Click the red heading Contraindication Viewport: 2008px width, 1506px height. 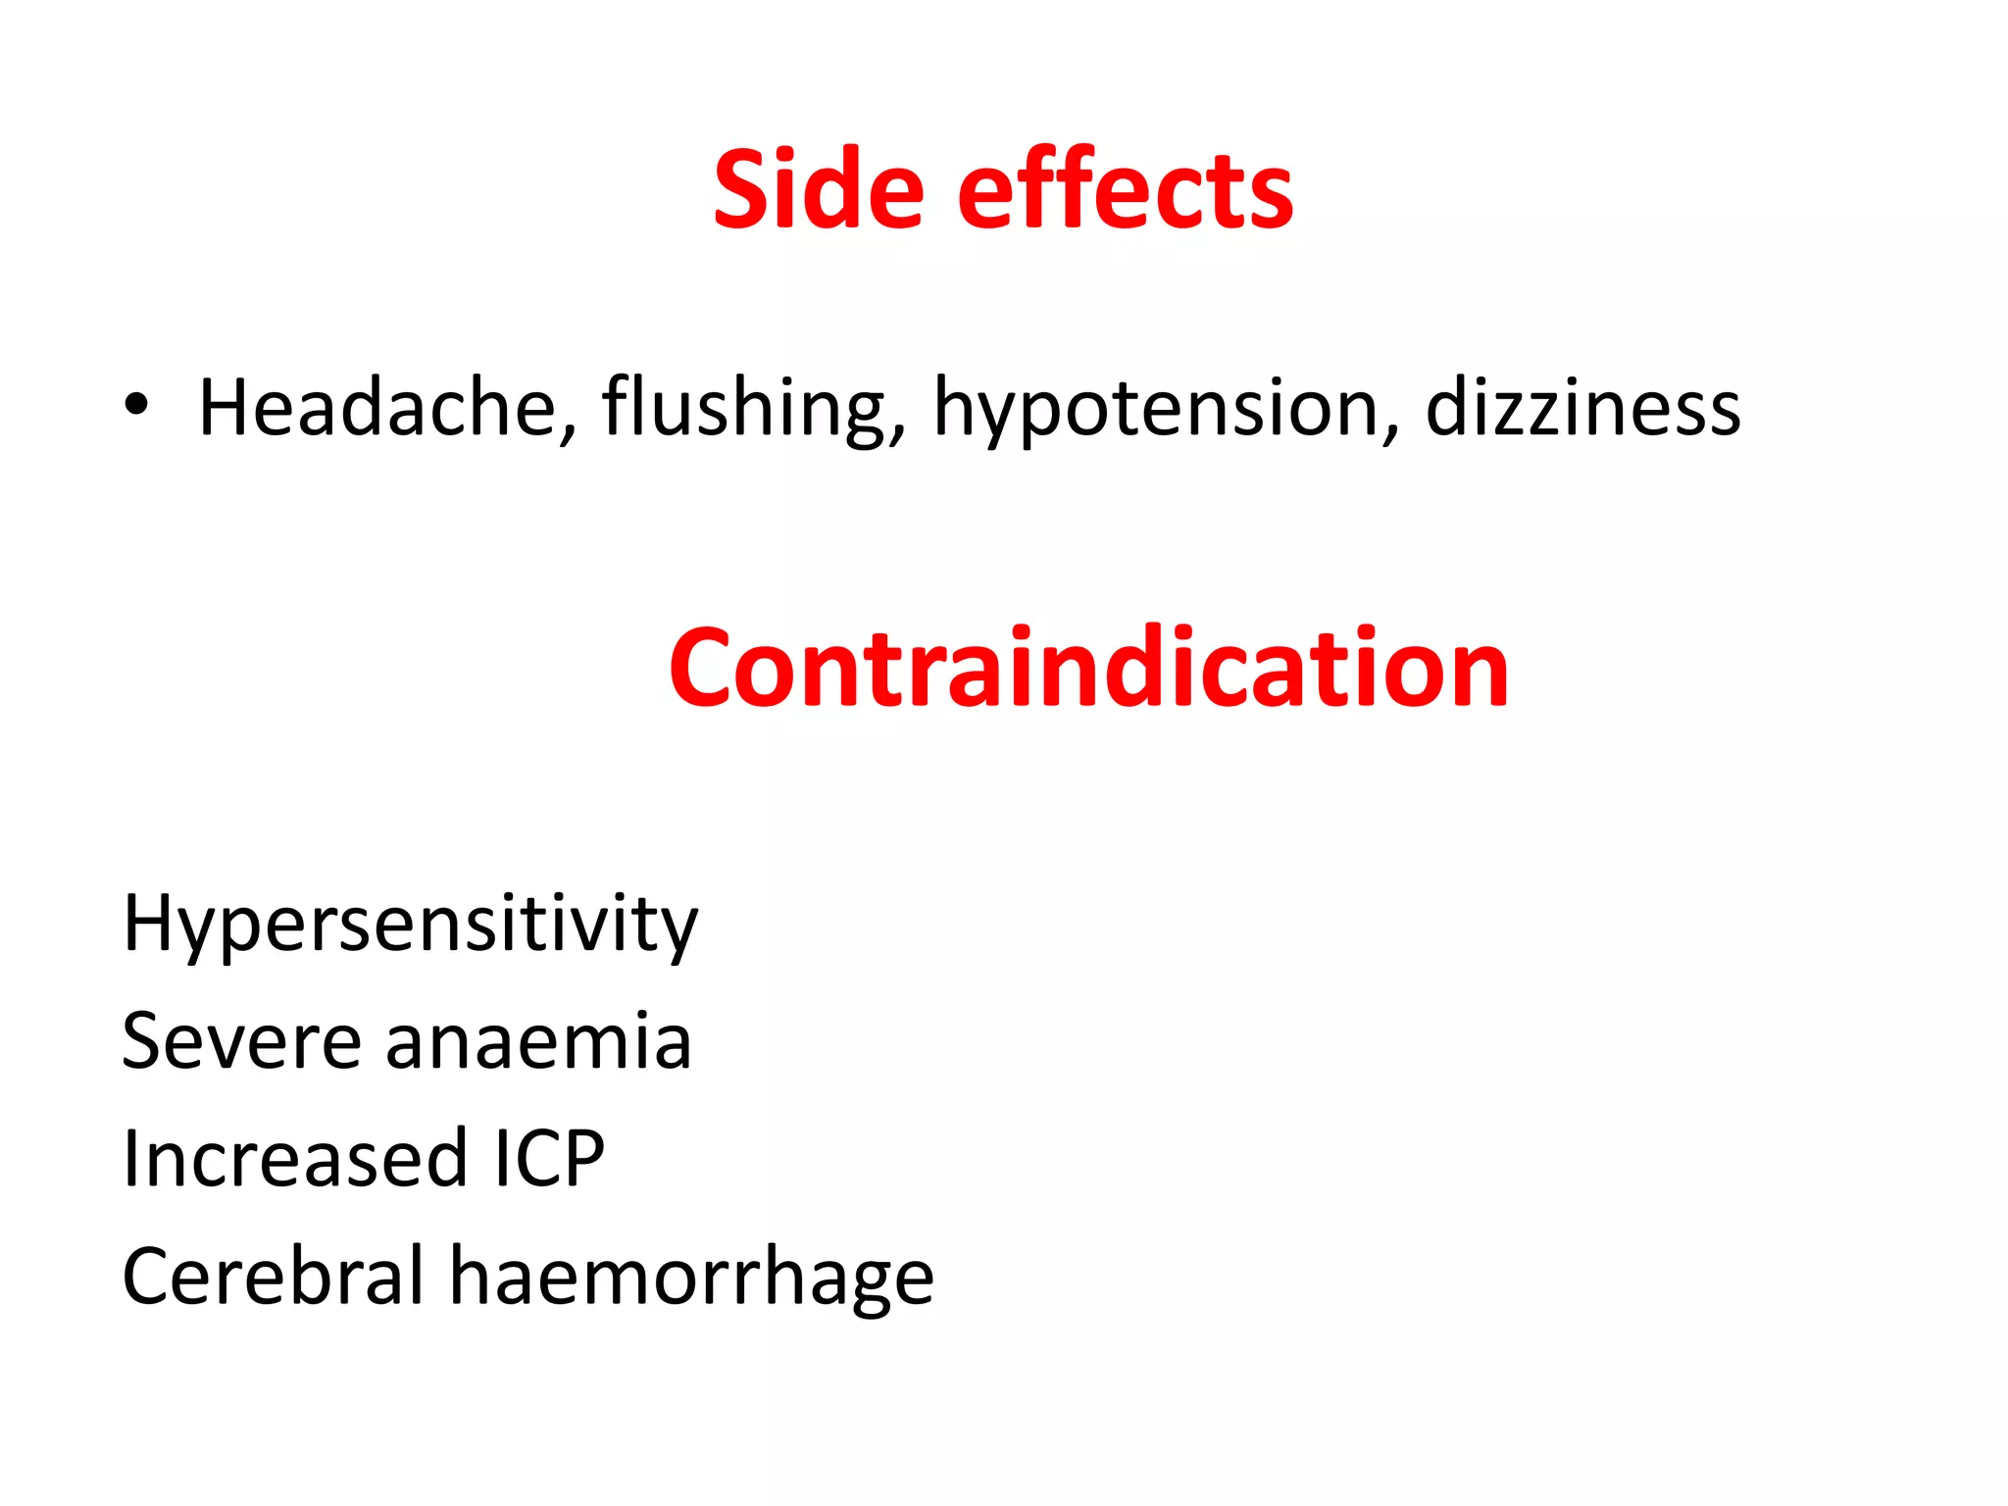click(x=1088, y=669)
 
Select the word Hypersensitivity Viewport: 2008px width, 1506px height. click(x=410, y=924)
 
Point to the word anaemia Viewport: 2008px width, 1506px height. click(x=538, y=1042)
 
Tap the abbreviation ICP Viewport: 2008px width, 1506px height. click(x=548, y=1158)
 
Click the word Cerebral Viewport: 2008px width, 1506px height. click(x=273, y=1276)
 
